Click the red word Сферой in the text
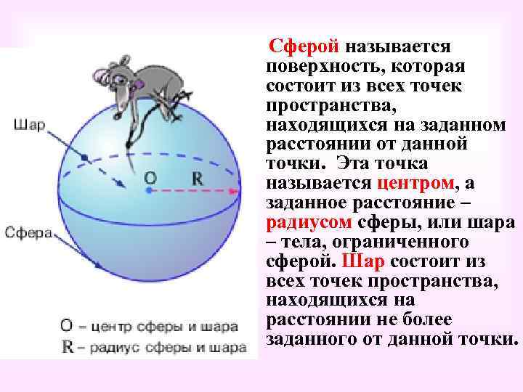pos(304,48)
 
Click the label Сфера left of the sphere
pos(28,232)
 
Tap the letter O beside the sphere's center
pos(150,176)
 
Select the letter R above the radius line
pos(198,177)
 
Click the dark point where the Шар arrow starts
pos(84,157)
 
